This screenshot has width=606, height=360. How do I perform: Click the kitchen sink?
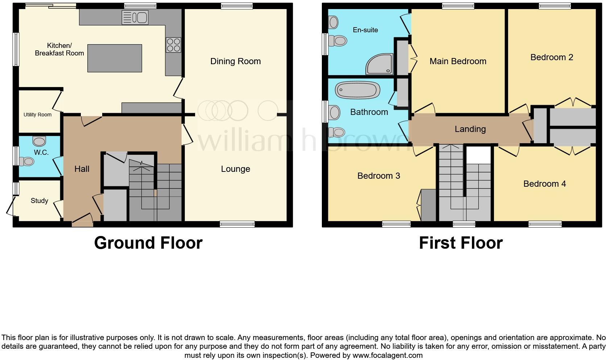point(135,17)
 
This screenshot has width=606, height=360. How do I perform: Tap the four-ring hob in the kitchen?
point(173,45)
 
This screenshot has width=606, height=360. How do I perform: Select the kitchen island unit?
point(115,58)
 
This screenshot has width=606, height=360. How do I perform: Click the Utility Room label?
point(37,115)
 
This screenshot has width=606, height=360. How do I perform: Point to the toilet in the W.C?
point(27,161)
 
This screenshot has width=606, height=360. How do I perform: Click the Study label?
point(39,200)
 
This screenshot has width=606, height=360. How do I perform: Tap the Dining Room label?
point(235,61)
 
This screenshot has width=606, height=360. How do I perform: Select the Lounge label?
point(235,169)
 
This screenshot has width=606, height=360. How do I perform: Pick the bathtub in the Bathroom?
point(358,90)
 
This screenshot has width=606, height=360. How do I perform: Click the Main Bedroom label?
point(458,61)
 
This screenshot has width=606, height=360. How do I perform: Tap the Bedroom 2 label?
point(552,57)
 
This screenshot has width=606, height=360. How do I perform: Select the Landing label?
point(470,129)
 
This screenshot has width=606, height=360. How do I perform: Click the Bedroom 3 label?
point(378,176)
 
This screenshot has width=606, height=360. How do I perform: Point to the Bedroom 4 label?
point(544,184)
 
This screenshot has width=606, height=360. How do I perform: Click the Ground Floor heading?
point(148,243)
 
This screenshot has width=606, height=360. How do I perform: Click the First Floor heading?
point(461,243)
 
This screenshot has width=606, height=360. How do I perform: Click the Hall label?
point(82,169)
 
